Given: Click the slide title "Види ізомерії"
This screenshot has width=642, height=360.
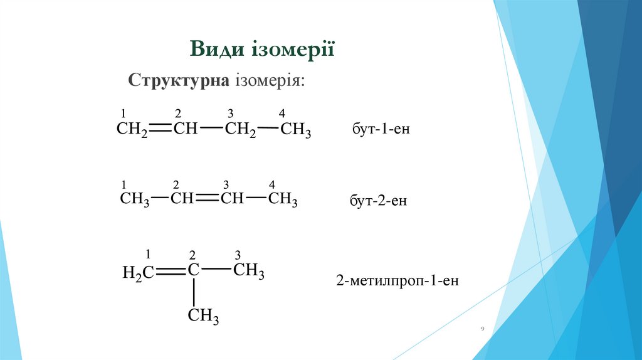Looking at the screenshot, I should pyautogui.click(x=263, y=49).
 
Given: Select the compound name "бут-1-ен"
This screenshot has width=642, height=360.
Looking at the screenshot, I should pyautogui.click(x=376, y=130).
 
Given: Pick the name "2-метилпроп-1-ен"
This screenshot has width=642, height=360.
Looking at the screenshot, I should pyautogui.click(x=397, y=280).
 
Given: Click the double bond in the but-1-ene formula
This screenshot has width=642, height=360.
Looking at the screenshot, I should pyautogui.click(x=160, y=129).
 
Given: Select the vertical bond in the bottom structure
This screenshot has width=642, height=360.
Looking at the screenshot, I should pyautogui.click(x=194, y=291).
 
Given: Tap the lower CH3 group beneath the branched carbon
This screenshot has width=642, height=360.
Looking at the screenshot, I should pyautogui.click(x=203, y=316).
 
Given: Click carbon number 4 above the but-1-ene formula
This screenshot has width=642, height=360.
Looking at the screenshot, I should pyautogui.click(x=282, y=114).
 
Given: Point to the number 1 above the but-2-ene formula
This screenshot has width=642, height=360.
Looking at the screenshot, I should pyautogui.click(x=124, y=184).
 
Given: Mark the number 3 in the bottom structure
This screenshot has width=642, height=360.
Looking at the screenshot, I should pyautogui.click(x=238, y=255).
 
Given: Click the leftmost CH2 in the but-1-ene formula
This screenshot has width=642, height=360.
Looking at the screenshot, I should pyautogui.click(x=132, y=130).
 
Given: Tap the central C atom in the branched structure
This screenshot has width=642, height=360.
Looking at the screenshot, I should pyautogui.click(x=194, y=271).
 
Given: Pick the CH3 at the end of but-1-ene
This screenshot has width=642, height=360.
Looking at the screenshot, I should pyautogui.click(x=295, y=130).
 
